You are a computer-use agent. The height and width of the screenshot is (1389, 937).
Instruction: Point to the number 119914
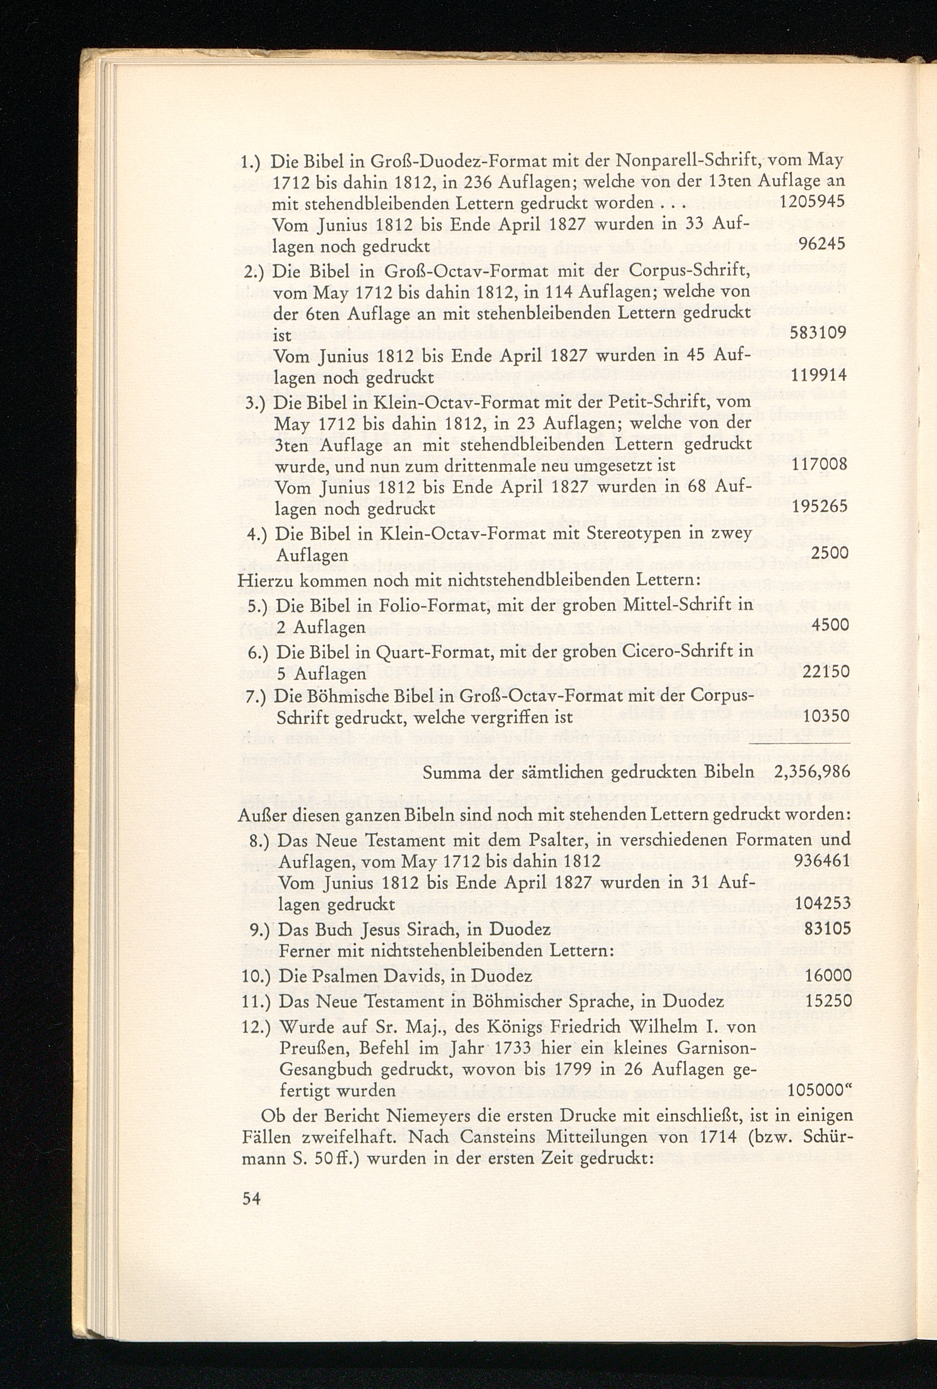(x=819, y=376)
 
